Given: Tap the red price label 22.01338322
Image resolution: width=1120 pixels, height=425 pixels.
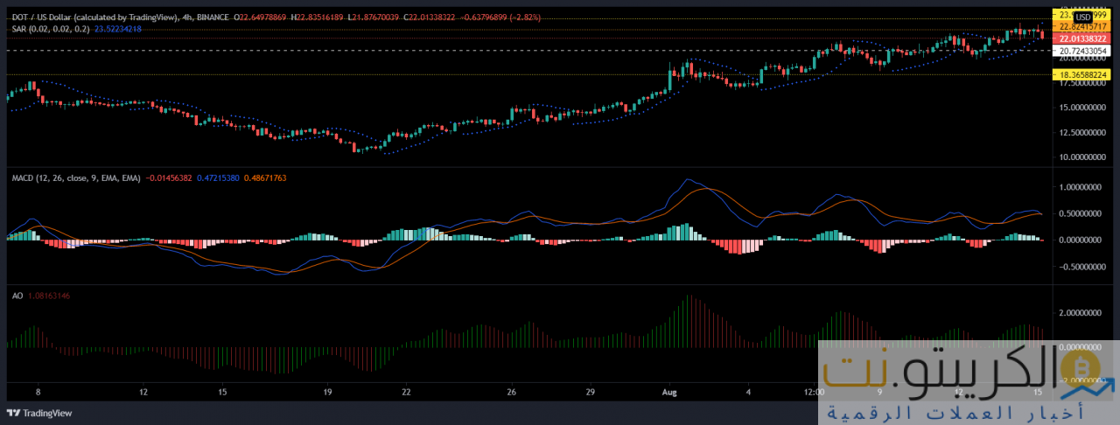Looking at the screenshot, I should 1083,39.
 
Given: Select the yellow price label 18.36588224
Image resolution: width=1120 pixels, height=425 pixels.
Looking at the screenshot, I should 1083,75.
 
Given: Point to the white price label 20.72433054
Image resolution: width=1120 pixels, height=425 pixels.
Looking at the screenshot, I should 1083,52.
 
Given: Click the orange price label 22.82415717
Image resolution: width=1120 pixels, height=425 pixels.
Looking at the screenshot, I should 1083,28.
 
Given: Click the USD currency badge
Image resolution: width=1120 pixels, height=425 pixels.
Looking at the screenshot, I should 1082,17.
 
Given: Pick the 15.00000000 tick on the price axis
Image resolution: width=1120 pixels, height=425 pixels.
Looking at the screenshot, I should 1081,108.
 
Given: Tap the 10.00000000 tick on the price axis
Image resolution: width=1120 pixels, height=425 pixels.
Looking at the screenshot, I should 1081,157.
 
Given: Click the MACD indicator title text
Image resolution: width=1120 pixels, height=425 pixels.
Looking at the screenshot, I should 73,178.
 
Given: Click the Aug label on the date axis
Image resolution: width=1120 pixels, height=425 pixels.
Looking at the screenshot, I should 669,392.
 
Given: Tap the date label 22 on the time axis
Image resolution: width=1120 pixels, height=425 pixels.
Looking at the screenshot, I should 407,392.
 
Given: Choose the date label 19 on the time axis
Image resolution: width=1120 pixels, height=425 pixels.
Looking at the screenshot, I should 326,392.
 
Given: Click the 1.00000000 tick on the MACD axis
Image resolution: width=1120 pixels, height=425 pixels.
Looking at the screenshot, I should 1081,187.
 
